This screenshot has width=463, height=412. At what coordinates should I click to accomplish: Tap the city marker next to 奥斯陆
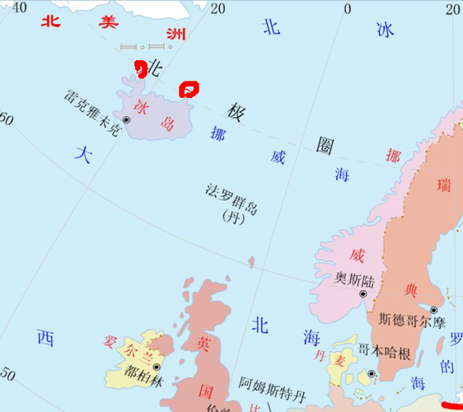[x=363, y=293]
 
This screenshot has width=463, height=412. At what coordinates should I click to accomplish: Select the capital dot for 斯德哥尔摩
[x=433, y=310]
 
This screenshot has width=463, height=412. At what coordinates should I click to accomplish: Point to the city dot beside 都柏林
[x=157, y=359]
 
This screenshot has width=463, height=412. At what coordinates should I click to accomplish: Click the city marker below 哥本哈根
[x=372, y=374]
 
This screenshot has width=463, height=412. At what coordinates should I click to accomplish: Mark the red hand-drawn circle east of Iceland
[x=189, y=87]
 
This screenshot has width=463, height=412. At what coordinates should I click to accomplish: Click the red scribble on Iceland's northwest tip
[x=141, y=69]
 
